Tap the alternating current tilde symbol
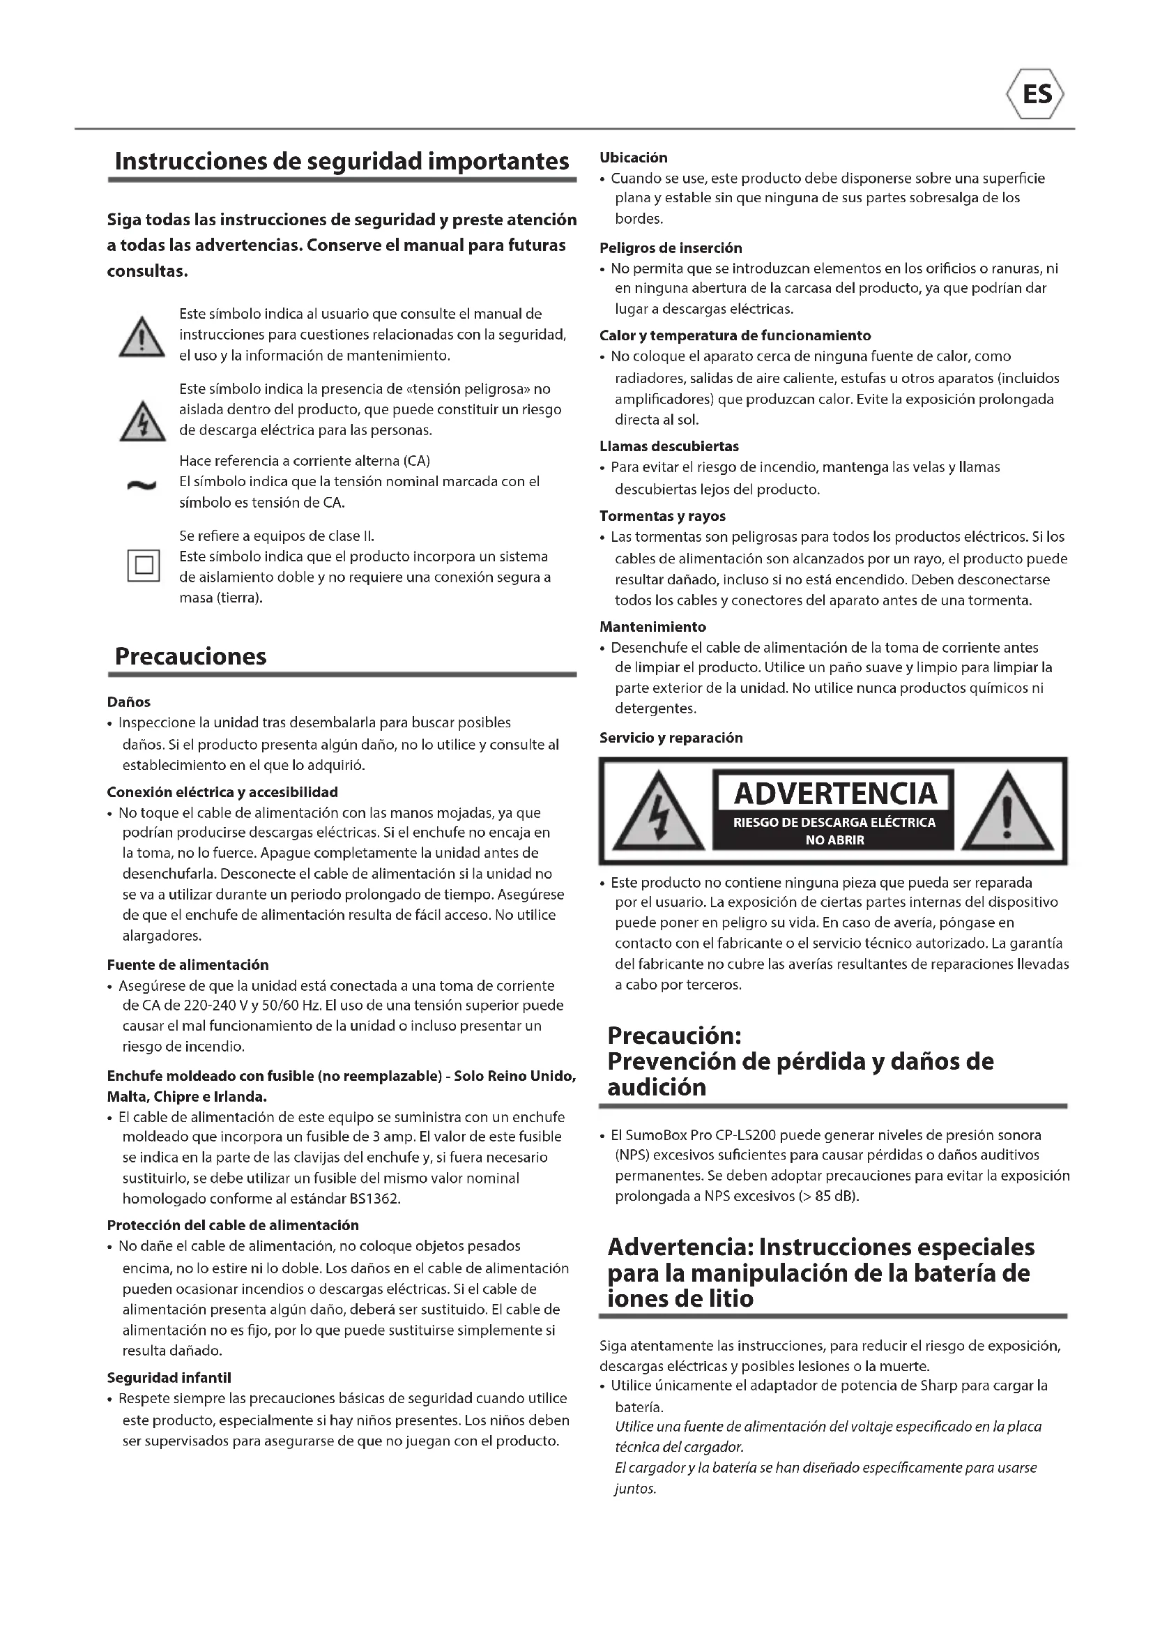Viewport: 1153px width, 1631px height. click(x=142, y=486)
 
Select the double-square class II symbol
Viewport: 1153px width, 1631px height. click(x=144, y=566)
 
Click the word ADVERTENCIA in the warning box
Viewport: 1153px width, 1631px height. click(x=835, y=794)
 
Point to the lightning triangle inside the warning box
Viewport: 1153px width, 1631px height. click(x=659, y=811)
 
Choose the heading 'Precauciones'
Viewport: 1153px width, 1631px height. click(x=190, y=655)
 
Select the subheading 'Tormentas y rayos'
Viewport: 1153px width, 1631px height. click(x=662, y=517)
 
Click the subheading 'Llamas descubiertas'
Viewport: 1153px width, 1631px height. click(x=669, y=447)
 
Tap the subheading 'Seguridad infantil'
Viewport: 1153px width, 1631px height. click(x=169, y=1378)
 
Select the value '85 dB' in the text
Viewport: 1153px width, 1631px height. click(x=835, y=1197)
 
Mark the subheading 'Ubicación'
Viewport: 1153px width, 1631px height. click(x=633, y=158)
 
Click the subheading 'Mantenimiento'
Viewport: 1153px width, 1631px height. click(x=652, y=628)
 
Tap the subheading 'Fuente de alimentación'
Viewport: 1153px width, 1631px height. click(x=188, y=964)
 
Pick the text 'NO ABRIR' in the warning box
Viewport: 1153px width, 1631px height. click(x=835, y=840)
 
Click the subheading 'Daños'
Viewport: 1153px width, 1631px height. click(x=128, y=703)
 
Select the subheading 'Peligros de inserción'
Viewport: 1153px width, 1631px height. click(x=671, y=248)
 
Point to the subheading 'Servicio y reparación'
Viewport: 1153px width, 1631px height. click(x=671, y=738)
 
